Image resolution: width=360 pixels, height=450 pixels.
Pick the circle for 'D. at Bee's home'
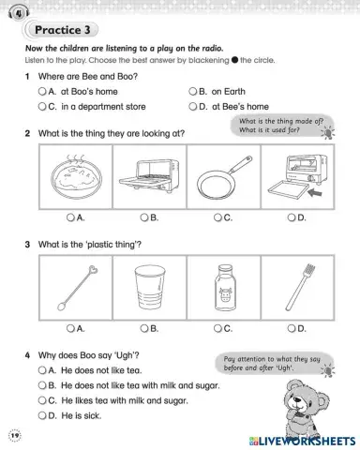click(192, 107)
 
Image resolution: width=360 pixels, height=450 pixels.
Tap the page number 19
click(14, 437)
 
